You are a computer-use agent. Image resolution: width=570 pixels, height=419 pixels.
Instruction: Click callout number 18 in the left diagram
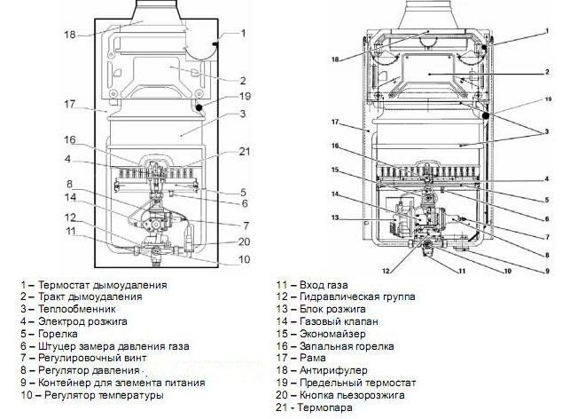click(x=70, y=35)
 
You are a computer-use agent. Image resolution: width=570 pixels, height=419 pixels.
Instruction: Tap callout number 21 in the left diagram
click(x=245, y=151)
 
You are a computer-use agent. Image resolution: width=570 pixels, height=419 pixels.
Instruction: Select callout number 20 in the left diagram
click(x=245, y=241)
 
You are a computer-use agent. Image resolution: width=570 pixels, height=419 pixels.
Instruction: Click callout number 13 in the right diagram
click(x=335, y=217)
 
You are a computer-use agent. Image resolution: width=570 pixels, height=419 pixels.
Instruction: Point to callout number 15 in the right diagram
click(x=335, y=170)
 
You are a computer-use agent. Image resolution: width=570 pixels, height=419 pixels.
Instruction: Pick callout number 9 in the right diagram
click(x=548, y=271)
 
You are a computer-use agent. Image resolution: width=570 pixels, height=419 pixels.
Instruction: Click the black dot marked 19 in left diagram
click(x=199, y=107)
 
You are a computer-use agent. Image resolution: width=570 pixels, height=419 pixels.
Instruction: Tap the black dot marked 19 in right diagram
click(x=486, y=115)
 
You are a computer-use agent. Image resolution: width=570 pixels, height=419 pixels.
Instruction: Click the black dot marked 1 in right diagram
click(x=484, y=47)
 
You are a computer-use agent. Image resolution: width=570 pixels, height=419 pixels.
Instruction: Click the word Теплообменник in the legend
click(x=77, y=309)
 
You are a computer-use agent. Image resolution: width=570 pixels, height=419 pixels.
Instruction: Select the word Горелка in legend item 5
click(x=58, y=334)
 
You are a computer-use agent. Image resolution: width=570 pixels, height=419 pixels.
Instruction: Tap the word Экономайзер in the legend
click(x=332, y=334)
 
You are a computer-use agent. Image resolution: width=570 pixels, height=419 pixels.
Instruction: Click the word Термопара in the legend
click(x=325, y=407)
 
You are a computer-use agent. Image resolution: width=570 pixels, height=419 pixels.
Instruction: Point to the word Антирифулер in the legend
click(x=333, y=370)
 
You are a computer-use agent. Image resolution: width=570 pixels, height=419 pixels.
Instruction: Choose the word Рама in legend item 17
click(x=313, y=359)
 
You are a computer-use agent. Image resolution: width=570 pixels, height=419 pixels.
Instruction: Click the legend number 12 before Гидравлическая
click(x=282, y=296)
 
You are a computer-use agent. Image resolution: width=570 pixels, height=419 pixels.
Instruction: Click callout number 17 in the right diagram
click(x=335, y=123)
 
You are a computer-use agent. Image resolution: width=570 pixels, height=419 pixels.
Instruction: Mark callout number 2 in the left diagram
click(x=243, y=81)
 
